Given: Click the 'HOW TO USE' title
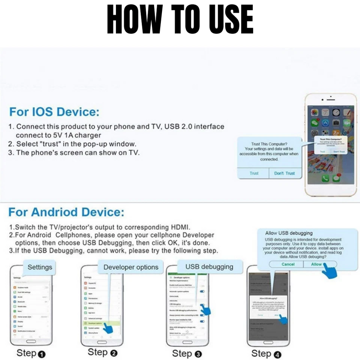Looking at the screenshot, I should pos(180,19).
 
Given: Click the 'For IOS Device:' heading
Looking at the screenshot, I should pos(54,112).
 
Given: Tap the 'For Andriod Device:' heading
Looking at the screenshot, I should pos(66,212).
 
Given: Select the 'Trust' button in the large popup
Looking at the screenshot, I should pos(254,173).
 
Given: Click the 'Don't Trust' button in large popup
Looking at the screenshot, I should pos(285,173).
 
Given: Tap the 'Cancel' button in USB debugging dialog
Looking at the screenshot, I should pos(288,264).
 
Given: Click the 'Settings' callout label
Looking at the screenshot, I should pos(40,268).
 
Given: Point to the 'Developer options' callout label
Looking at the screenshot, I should pos(131,267).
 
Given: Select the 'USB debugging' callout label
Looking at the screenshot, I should pos(209,267).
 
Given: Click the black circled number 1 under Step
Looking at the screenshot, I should pos(42,354).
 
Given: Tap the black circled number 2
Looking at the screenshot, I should pos(114,353).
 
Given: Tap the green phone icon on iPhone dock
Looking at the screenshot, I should pos(325,178).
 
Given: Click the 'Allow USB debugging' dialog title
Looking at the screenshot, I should pos(289,233).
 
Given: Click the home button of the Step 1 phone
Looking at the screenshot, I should pos(30,342).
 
